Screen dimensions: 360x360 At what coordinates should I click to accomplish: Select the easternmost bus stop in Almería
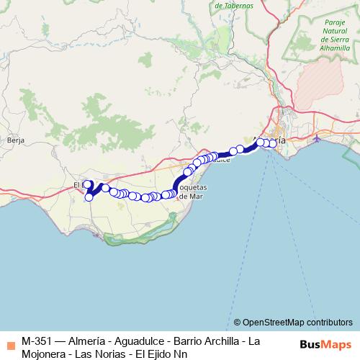[x=273, y=143]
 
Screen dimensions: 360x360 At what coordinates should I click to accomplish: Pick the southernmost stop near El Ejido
[x=89, y=197]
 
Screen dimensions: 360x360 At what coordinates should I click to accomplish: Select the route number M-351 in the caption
[x=37, y=341]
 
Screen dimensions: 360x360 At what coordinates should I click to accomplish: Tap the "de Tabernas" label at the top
[x=234, y=6]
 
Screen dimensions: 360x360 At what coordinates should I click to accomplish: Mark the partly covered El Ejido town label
[x=78, y=185]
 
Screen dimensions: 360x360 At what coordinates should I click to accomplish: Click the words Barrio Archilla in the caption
[x=212, y=341]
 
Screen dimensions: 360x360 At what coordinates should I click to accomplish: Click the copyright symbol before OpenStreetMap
[x=237, y=323]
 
